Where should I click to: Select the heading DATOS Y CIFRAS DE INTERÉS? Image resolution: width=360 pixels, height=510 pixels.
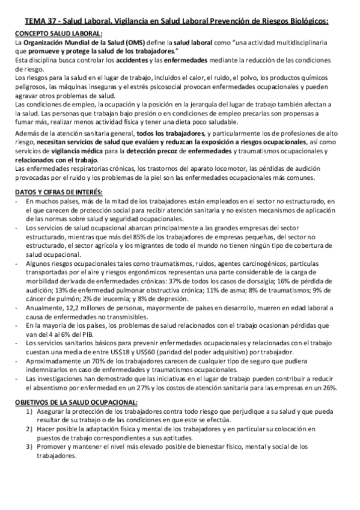(x=58, y=191)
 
